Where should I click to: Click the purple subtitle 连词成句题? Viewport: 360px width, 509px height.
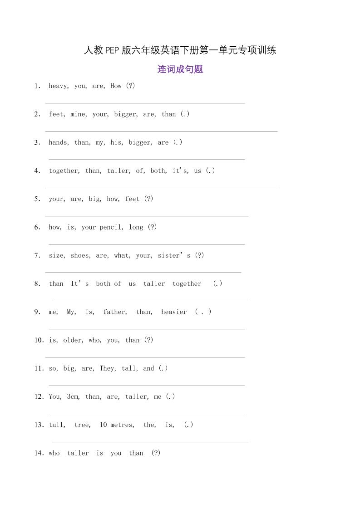tap(180, 69)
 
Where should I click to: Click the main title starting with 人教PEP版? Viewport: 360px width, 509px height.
tap(180, 50)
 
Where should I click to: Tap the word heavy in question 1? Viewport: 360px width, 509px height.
tap(58, 86)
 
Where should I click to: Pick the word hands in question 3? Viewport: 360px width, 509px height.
tap(58, 142)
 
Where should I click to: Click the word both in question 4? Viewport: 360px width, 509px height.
tap(158, 171)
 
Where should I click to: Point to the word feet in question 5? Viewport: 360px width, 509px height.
tap(132, 199)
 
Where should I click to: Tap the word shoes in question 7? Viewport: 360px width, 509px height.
tap(80, 255)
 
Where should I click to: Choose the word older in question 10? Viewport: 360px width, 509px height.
tap(73, 340)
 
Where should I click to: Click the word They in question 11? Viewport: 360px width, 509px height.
tap(107, 368)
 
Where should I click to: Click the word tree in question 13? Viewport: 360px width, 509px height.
tap(82, 425)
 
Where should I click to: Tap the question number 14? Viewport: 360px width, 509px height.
tap(39, 453)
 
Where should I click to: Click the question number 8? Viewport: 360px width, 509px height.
tap(37, 284)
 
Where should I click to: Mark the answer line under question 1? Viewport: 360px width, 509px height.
tap(145, 103)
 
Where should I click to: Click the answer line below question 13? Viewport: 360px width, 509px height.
tap(150, 441)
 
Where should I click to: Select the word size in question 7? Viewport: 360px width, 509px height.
tap(56, 255)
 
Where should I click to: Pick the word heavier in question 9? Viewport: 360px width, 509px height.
tap(174, 312)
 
